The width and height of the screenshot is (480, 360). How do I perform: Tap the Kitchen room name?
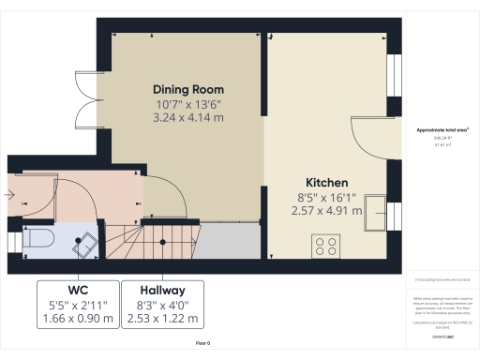pos(327,182)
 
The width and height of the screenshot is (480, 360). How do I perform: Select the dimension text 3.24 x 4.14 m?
pos(188,119)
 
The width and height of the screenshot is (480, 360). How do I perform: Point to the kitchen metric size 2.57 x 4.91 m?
pos(327,212)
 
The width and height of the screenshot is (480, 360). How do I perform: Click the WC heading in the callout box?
pos(79,290)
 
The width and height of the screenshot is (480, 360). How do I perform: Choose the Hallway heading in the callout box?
pos(163,290)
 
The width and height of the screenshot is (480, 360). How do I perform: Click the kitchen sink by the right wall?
pos(379,213)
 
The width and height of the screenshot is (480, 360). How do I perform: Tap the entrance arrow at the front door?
pos(8,197)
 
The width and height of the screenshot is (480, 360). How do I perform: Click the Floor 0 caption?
pos(203,344)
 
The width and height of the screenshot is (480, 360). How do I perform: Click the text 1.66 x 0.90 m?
pos(79,319)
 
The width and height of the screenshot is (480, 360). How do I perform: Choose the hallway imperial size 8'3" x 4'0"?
pos(163,305)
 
